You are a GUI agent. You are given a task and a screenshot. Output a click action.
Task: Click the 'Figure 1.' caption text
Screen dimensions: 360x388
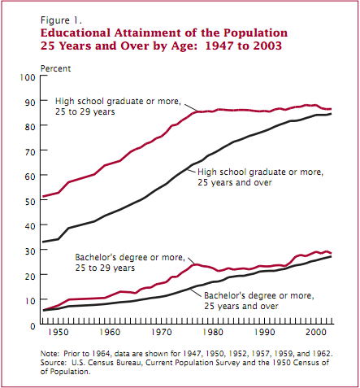click(61, 20)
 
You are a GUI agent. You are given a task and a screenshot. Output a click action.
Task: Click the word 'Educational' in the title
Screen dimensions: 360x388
click(76, 33)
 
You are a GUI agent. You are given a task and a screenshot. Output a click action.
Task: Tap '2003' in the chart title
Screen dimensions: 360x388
click(267, 46)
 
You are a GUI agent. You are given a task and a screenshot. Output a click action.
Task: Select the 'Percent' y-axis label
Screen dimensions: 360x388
click(55, 68)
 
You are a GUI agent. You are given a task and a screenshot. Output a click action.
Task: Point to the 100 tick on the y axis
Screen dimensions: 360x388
click(28, 77)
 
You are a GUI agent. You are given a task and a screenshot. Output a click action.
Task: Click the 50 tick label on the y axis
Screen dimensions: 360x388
click(30, 202)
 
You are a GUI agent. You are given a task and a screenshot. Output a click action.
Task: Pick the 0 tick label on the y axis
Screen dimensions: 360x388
click(33, 326)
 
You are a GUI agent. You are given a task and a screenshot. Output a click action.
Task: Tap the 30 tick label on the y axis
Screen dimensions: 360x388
click(30, 251)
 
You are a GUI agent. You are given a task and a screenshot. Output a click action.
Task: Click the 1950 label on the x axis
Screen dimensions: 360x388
click(59, 332)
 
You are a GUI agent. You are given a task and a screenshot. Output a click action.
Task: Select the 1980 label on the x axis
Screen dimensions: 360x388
click(213, 332)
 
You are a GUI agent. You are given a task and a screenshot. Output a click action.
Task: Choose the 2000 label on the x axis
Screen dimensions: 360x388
click(316, 332)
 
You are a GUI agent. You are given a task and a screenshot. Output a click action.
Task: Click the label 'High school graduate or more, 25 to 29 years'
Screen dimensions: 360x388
click(118, 107)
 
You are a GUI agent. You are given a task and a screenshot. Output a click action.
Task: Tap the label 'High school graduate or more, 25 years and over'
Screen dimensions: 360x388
click(260, 177)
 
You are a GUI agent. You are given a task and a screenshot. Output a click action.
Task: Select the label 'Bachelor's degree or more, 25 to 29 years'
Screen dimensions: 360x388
click(130, 263)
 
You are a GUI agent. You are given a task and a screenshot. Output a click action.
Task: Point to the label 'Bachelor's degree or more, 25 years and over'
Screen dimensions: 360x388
click(259, 301)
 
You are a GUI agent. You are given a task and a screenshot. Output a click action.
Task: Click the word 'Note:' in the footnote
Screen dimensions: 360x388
click(50, 354)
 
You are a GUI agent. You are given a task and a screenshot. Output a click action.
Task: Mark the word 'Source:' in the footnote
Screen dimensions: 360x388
click(53, 363)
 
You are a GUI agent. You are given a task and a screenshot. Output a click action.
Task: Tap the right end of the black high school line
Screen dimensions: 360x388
click(331, 114)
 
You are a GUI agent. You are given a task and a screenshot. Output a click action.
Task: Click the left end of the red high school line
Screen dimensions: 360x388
click(43, 197)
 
